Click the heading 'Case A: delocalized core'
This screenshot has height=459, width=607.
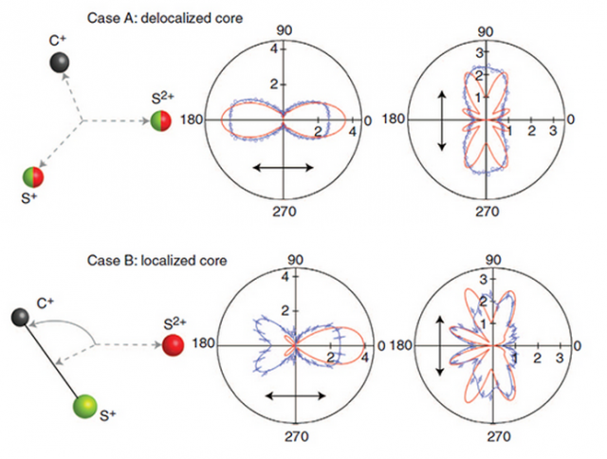click(165, 18)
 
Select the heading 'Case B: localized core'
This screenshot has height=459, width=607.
click(156, 260)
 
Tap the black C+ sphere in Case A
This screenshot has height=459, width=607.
click(60, 63)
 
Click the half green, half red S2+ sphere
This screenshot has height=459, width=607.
click(160, 120)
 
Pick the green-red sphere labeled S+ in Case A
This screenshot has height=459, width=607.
click(33, 177)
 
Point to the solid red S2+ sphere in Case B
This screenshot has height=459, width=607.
click(173, 344)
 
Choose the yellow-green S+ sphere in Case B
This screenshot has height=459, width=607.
click(85, 406)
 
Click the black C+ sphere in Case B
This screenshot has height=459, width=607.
click(20, 318)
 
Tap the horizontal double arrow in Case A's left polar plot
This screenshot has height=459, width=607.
click(283, 168)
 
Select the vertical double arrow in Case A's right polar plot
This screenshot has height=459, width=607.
click(442, 120)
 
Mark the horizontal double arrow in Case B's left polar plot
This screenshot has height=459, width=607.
click(295, 395)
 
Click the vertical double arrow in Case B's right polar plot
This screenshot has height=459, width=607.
click(440, 345)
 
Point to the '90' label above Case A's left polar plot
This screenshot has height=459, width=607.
click(285, 30)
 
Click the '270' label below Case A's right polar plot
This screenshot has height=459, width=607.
click(487, 211)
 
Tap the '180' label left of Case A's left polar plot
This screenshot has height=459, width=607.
click(192, 120)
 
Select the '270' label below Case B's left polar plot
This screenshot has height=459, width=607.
click(297, 436)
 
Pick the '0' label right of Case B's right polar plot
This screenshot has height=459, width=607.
click(577, 346)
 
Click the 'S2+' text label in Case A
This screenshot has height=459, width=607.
click(162, 98)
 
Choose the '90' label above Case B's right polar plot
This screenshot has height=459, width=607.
click(493, 259)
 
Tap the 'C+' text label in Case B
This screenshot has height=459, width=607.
click(45, 303)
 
